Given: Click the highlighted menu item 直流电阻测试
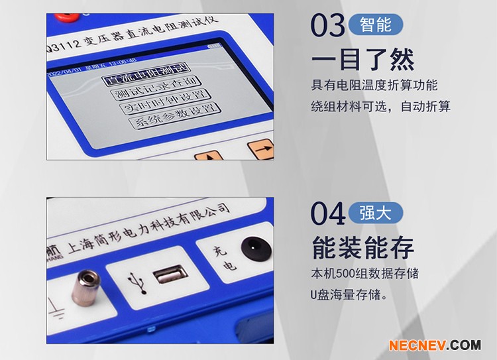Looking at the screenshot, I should click(x=143, y=72).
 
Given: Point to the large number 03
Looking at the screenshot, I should click(x=328, y=26).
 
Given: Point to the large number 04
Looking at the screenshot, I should click(x=328, y=213).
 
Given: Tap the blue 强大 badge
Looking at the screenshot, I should click(x=375, y=212).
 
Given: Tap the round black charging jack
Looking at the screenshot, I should click(x=250, y=247).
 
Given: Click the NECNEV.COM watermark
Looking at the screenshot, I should click(x=434, y=345).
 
